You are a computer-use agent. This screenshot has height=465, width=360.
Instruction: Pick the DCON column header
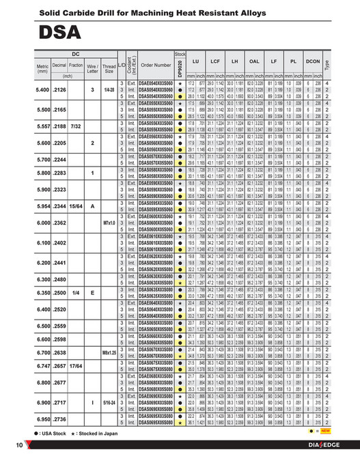[x=314, y=61]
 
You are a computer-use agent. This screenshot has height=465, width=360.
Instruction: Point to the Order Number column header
[x=156, y=66]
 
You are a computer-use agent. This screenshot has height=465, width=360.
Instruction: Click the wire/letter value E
[x=92, y=292]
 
